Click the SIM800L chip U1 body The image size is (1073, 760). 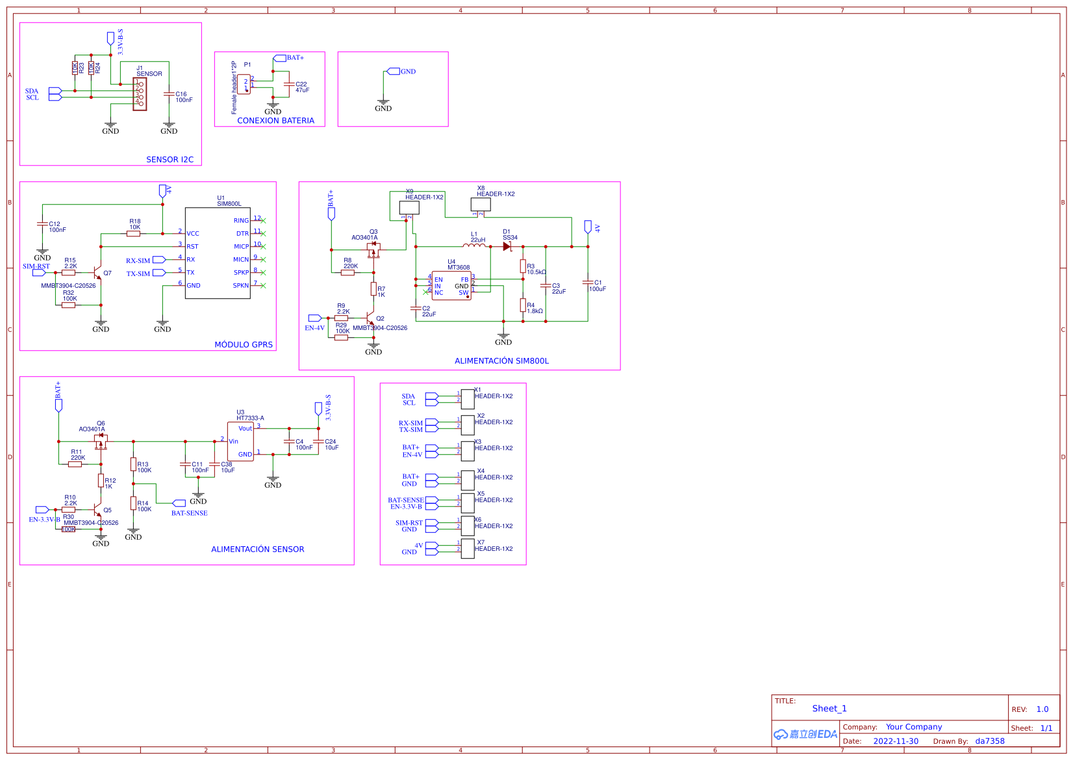pyautogui.click(x=218, y=253)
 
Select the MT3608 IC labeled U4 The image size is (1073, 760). pyautogui.click(x=451, y=286)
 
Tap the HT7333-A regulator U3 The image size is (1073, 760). pyautogui.click(x=240, y=442)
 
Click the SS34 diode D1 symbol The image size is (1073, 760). pyautogui.click(x=507, y=247)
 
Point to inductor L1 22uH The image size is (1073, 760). pyautogui.click(x=475, y=246)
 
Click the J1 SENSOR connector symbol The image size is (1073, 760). pyautogui.click(x=140, y=94)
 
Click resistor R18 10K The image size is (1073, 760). pyautogui.click(x=133, y=233)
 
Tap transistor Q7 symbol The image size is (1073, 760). pyautogui.click(x=97, y=273)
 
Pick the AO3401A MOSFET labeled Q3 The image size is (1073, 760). pyautogui.click(x=373, y=250)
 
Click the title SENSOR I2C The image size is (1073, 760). pyautogui.click(x=170, y=159)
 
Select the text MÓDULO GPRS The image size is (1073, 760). pyautogui.click(x=244, y=344)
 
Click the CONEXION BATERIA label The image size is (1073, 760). pyautogui.click(x=275, y=121)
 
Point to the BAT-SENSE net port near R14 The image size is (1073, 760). pyautogui.click(x=179, y=503)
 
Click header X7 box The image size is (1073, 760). pyautogui.click(x=468, y=549)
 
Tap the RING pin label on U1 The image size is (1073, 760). pyautogui.click(x=241, y=221)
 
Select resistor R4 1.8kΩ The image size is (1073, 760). pyautogui.click(x=523, y=305)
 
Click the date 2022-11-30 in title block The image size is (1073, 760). pyautogui.click(x=896, y=741)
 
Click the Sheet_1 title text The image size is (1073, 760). pyautogui.click(x=829, y=709)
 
